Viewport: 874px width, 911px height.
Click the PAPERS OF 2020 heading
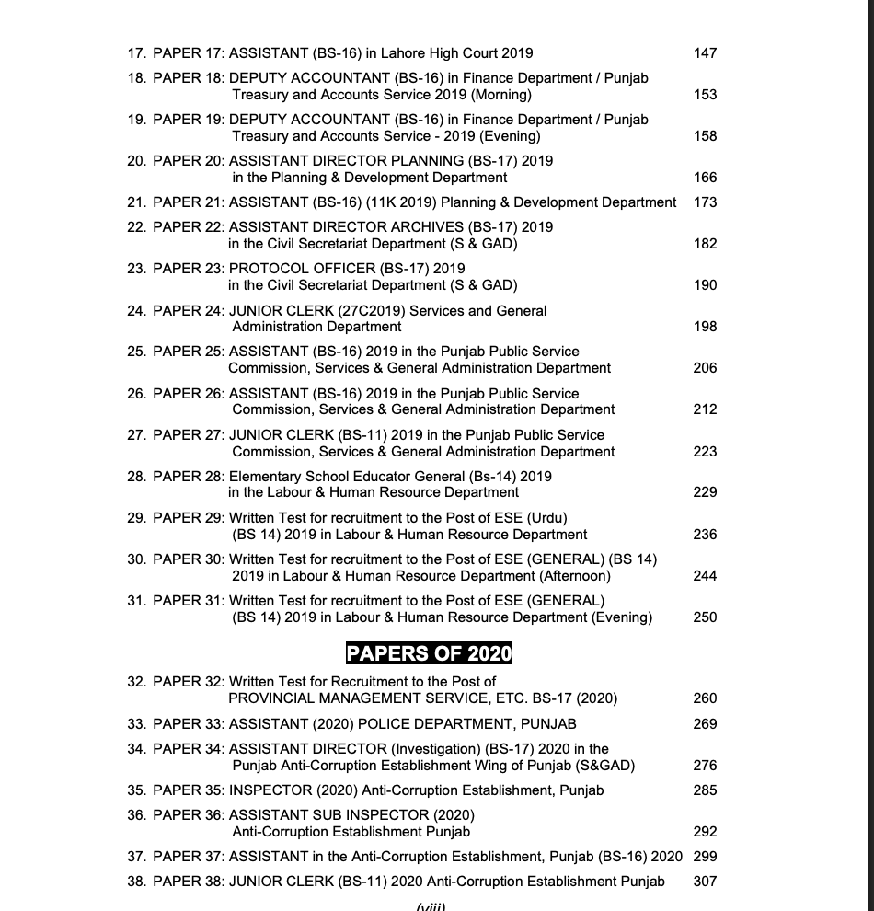click(x=429, y=653)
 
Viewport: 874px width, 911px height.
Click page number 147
click(x=705, y=53)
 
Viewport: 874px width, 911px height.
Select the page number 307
click(x=705, y=882)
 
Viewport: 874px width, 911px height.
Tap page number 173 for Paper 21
click(x=705, y=202)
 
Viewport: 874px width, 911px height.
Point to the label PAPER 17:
click(x=189, y=53)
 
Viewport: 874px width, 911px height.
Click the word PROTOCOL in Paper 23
click(x=268, y=269)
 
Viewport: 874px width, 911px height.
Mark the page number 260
click(x=705, y=698)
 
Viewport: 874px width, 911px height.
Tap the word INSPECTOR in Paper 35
click(x=270, y=790)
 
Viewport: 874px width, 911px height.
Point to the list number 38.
click(x=136, y=882)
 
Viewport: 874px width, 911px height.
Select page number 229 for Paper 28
click(x=705, y=492)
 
